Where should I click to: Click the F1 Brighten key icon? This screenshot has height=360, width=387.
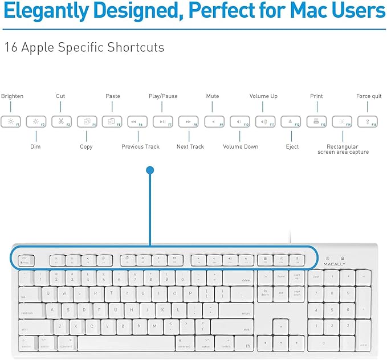point(10,121)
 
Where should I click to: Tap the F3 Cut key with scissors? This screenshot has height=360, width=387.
point(61,121)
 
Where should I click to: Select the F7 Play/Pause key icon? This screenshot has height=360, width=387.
point(162,121)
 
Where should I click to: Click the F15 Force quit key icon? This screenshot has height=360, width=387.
point(367,121)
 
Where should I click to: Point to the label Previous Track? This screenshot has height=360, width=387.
point(140,147)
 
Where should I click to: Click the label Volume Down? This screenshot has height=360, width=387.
point(241,147)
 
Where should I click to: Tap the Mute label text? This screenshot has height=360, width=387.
point(213,96)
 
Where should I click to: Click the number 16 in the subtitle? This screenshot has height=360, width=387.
point(10,47)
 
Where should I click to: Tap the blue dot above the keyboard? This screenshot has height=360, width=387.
point(150,170)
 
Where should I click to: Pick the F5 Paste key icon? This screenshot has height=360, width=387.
point(112,121)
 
